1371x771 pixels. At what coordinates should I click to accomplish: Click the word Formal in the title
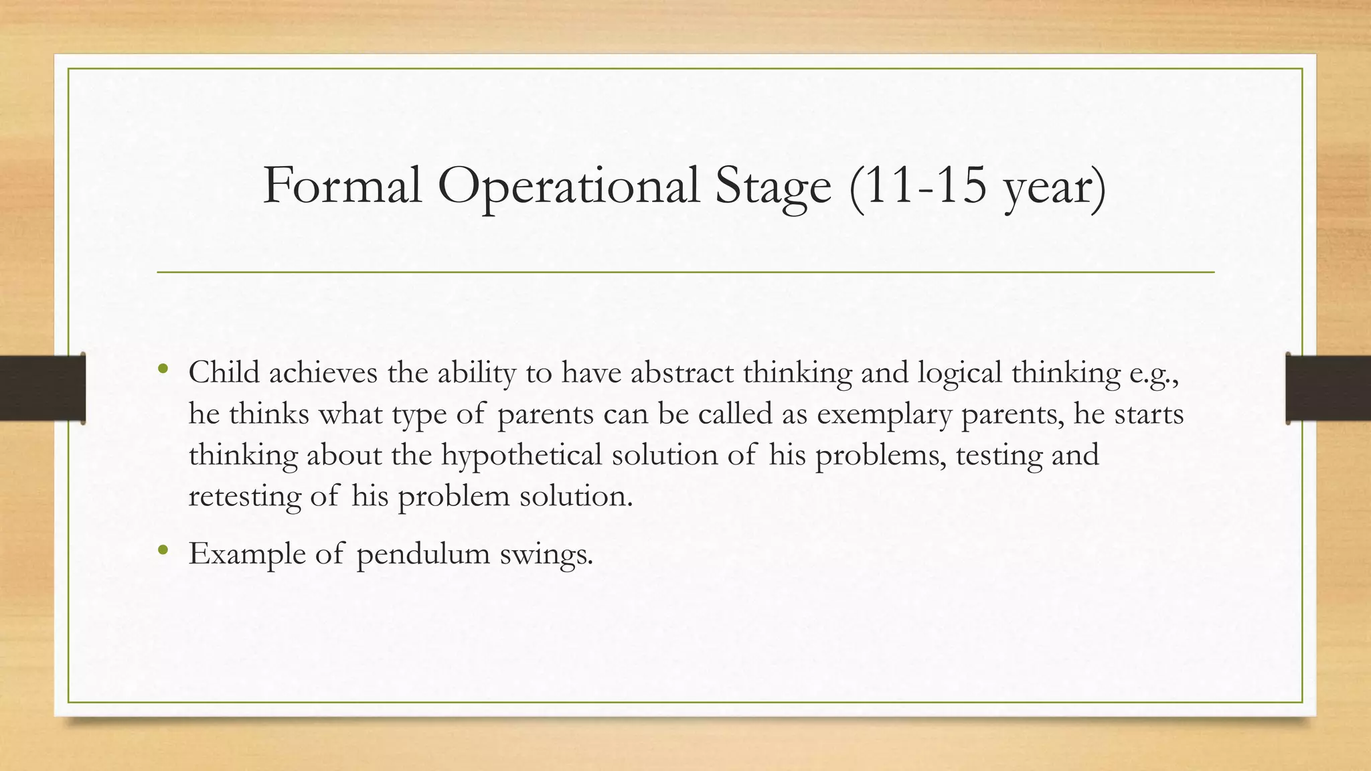(x=342, y=185)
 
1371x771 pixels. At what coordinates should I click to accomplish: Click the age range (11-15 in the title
(x=918, y=185)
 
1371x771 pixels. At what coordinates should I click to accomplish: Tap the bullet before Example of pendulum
(x=163, y=551)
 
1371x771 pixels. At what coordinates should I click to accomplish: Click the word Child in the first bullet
(x=224, y=372)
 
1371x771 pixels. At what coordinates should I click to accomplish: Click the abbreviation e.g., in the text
(x=1153, y=373)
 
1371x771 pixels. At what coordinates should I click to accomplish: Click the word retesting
(x=244, y=497)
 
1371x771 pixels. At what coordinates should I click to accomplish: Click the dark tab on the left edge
(x=42, y=388)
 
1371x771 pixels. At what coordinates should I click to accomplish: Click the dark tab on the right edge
(x=1328, y=388)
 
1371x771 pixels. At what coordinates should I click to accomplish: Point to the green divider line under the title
(x=685, y=272)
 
